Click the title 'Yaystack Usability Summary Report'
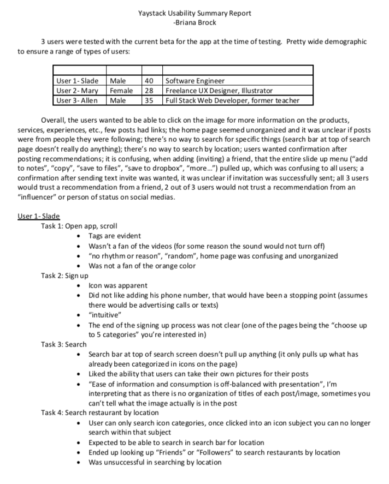pos(194,13)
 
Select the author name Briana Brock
pos(194,22)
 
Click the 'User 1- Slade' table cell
pos(79,81)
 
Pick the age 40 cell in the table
pos(148,81)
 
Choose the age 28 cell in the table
pos(148,91)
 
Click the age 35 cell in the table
pos(148,100)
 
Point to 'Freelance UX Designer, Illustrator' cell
pos(219,91)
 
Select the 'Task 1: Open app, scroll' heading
pos(79,226)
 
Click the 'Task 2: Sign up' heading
pos(64,276)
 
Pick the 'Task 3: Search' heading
pos(63,344)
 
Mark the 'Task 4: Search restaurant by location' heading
pos(99,413)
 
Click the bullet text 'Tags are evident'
pos(114,236)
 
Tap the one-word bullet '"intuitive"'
pos(105,315)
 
